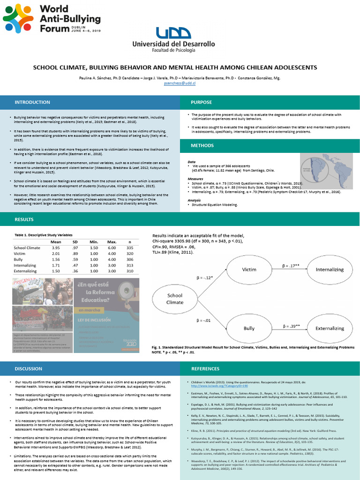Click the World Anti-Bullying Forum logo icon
point(18,18)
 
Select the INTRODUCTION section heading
point(32,102)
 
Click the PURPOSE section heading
point(201,102)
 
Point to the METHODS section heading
point(202,145)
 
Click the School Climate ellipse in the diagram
point(175,299)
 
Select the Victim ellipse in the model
point(249,270)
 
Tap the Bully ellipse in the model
point(249,329)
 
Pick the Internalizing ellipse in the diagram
point(330,270)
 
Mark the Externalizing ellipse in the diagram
point(330,329)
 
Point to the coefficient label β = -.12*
point(204,277)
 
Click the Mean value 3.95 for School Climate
point(56,248)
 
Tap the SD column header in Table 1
point(75,241)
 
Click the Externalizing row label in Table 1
point(25,271)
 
